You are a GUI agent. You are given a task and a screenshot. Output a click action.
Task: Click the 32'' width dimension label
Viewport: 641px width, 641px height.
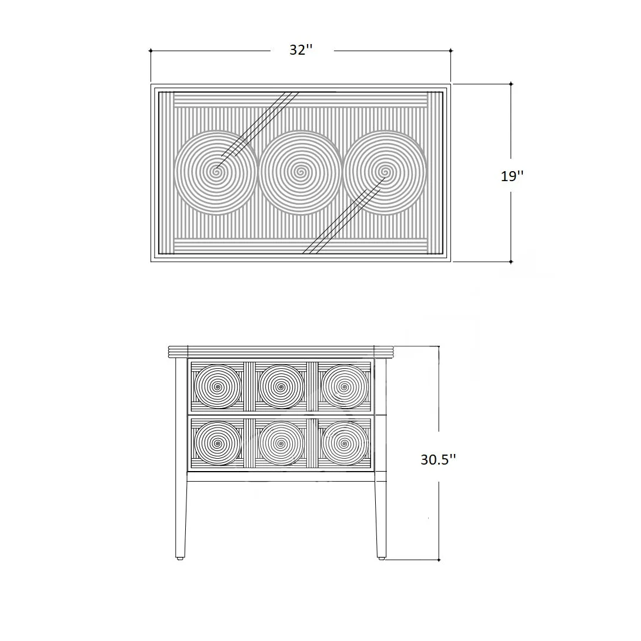tap(301, 50)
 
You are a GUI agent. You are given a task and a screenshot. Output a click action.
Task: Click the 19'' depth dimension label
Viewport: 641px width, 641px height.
tap(512, 176)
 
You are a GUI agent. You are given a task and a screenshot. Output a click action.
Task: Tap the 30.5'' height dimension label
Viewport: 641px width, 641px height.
tap(438, 460)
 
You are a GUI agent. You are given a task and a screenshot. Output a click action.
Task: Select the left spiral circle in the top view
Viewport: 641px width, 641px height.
tap(215, 172)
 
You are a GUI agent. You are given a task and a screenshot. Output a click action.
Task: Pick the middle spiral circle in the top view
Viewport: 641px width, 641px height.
tap(301, 172)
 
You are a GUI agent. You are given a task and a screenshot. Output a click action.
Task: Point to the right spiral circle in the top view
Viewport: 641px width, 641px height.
tap(385, 172)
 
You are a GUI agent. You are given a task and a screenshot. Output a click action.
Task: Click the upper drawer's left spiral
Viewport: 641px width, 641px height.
tap(218, 386)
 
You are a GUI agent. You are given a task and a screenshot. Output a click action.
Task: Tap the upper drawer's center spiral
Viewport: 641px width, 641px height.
tap(281, 386)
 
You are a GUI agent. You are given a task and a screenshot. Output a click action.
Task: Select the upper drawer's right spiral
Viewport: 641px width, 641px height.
tap(345, 386)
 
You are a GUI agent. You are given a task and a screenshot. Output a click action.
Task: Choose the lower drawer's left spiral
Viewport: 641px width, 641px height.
tap(218, 443)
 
